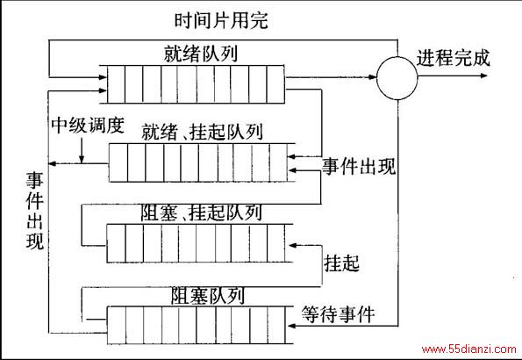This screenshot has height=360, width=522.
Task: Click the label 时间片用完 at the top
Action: click(x=221, y=20)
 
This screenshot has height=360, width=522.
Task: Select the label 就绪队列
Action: click(x=201, y=54)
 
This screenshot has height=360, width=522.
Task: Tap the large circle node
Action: click(x=397, y=77)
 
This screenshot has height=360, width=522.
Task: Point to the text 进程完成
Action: click(x=454, y=58)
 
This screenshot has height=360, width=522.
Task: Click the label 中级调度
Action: click(x=88, y=126)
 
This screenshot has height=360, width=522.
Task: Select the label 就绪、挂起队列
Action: click(x=202, y=132)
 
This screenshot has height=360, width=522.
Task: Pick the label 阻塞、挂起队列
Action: click(x=201, y=212)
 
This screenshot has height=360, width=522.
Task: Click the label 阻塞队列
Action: click(x=208, y=296)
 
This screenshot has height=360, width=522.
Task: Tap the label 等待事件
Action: click(x=339, y=314)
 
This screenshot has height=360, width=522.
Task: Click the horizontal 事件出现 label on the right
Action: click(x=359, y=166)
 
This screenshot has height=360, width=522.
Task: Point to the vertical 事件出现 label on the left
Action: click(x=35, y=211)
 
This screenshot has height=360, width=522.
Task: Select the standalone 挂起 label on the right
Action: click(x=341, y=263)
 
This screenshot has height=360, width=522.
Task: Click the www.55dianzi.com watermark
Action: click(x=468, y=349)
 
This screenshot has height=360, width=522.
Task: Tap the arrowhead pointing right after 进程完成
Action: click(x=483, y=76)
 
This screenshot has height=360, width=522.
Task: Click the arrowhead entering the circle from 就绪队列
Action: click(x=372, y=77)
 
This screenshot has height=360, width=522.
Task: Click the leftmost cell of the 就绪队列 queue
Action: click(x=116, y=84)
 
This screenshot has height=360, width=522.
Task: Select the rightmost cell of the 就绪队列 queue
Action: click(x=275, y=84)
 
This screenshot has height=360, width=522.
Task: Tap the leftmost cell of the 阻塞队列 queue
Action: click(x=116, y=326)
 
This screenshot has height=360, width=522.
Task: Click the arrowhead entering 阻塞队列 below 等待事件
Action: click(x=292, y=326)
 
